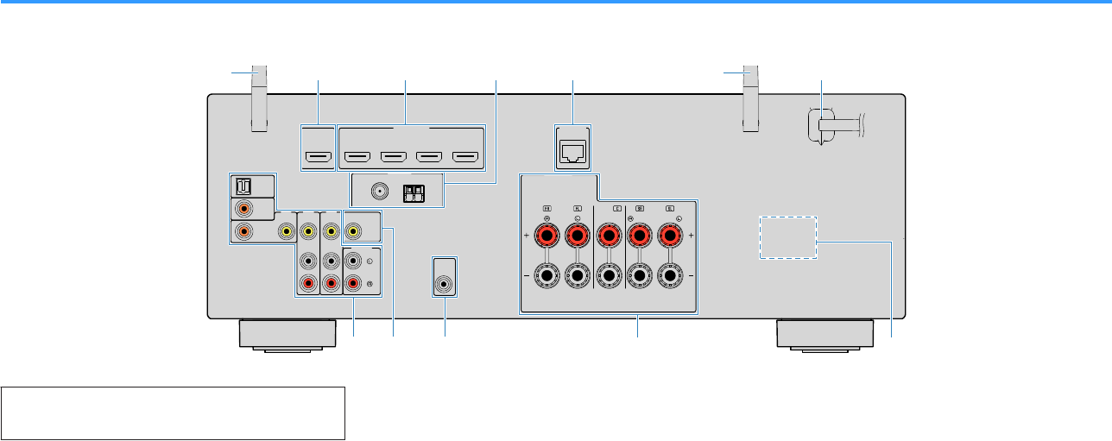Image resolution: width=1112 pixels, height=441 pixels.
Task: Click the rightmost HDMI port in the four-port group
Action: (465, 159)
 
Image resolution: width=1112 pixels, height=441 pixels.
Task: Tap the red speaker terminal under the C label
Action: (609, 234)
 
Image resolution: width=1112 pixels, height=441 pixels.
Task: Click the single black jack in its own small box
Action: (445, 282)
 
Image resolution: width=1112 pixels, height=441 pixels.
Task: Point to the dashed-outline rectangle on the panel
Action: (787, 237)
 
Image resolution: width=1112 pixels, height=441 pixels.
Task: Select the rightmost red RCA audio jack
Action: (353, 282)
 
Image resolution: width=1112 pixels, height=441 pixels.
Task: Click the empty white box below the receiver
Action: (174, 413)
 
